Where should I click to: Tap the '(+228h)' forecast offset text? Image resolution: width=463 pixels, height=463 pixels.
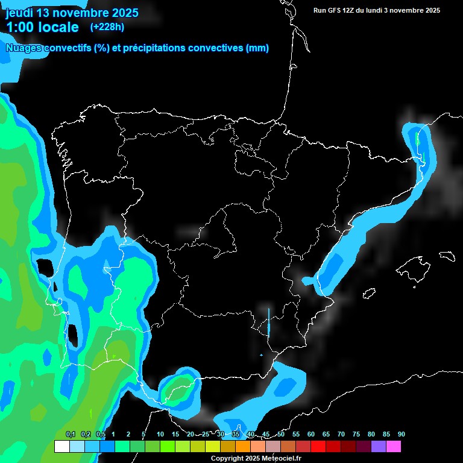pyautogui.click(x=107, y=27)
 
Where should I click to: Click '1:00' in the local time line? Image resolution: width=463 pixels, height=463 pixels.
pyautogui.click(x=22, y=27)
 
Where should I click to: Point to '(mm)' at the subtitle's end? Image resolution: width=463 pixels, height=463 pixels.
pyautogui.click(x=257, y=48)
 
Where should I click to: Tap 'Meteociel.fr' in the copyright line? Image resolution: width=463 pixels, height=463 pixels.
pyautogui.click(x=280, y=458)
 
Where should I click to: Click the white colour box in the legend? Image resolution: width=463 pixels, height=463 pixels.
pyautogui.click(x=61, y=447)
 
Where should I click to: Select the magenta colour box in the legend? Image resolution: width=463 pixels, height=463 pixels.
pyautogui.click(x=393, y=447)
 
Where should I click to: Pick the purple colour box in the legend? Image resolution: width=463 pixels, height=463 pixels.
pyautogui.click(x=378, y=447)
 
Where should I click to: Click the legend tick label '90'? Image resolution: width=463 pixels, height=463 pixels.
pyautogui.click(x=401, y=435)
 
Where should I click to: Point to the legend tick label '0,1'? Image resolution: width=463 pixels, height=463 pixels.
pyautogui.click(x=70, y=435)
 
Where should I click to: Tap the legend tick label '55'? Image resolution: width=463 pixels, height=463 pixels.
pyautogui.click(x=295, y=435)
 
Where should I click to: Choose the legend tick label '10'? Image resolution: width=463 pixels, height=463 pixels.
pyautogui.click(x=160, y=435)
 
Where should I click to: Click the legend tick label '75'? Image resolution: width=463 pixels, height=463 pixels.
pyautogui.click(x=356, y=435)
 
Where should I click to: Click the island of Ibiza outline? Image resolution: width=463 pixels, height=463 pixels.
pyautogui.click(x=369, y=293)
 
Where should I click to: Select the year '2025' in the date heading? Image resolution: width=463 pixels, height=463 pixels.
pyautogui.click(x=121, y=13)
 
